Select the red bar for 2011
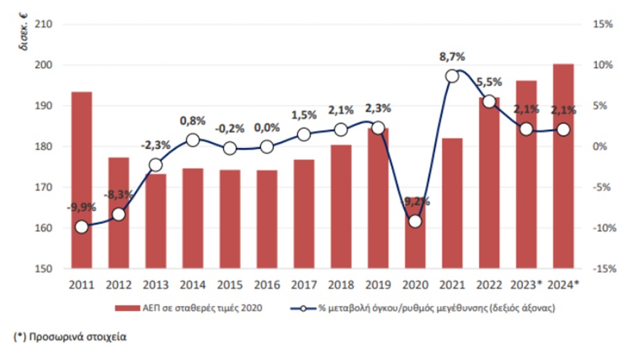(81, 179)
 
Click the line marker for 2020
(415, 221)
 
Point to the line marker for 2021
(452, 76)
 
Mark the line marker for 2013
(155, 165)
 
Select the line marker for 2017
(304, 134)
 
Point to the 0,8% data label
(193, 121)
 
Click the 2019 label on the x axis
(378, 284)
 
